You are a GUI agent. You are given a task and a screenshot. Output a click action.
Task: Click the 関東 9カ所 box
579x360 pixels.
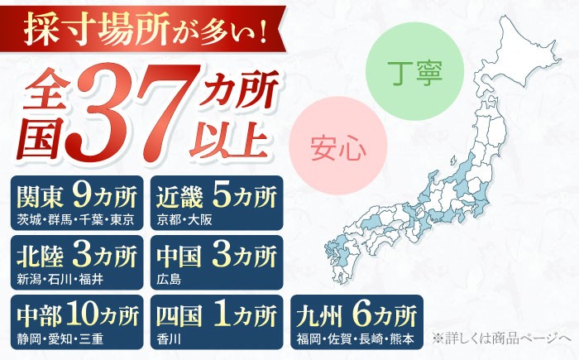click(x=77, y=202)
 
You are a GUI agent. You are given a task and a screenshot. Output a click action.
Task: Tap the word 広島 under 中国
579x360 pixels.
click(x=168, y=279)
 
